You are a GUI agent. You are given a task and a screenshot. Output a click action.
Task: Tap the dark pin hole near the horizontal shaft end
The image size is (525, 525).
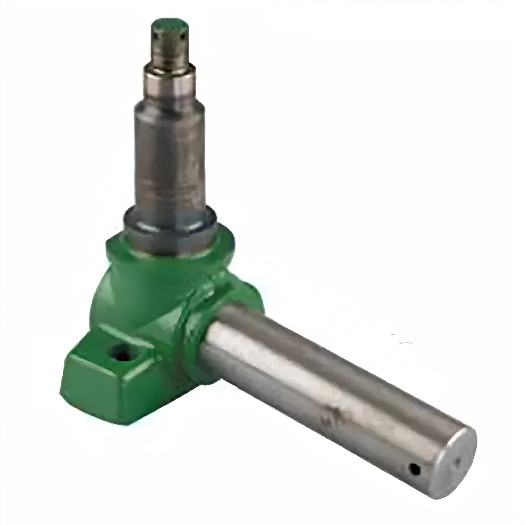414,470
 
